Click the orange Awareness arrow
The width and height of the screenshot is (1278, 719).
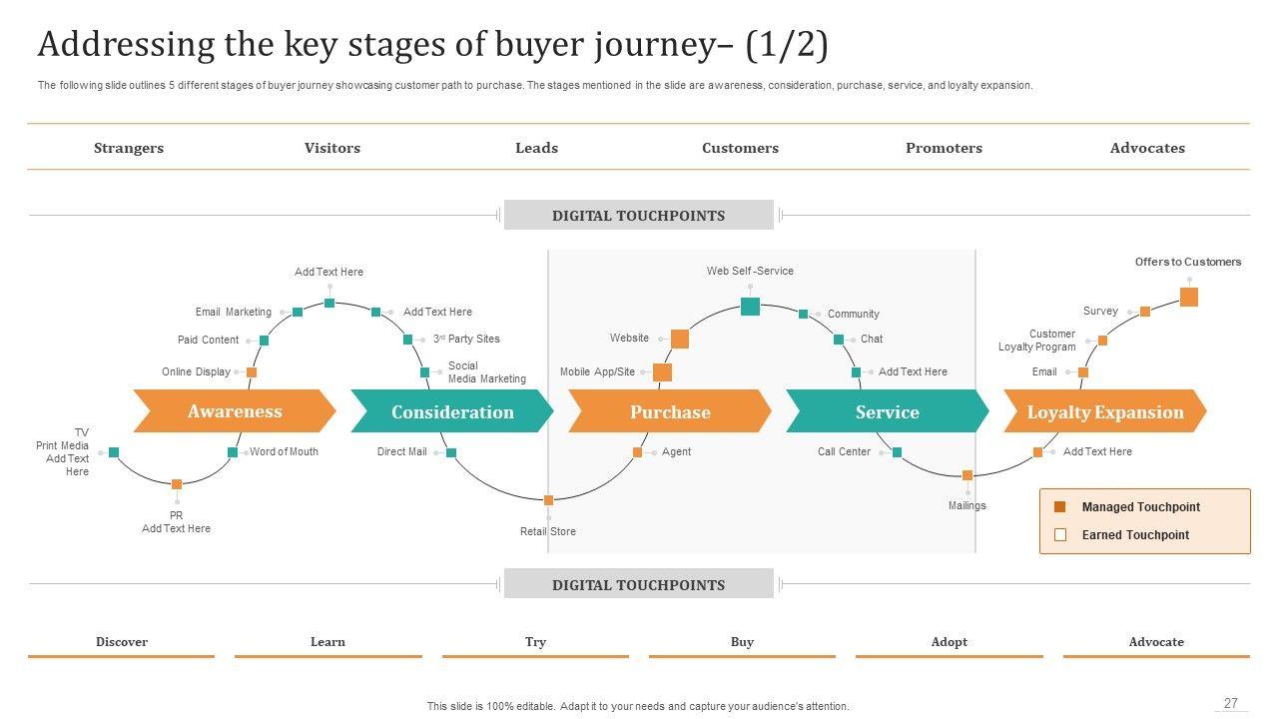(x=235, y=411)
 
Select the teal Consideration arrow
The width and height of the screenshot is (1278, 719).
(x=452, y=412)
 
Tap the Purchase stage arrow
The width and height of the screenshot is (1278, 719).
(x=670, y=412)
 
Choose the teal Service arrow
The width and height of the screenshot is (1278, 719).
(x=887, y=412)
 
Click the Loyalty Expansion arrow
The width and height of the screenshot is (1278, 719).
(x=1104, y=412)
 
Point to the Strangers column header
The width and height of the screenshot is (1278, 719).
(x=129, y=148)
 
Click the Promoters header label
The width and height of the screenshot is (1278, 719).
(x=944, y=148)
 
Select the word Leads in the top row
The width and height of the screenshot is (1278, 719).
(x=536, y=148)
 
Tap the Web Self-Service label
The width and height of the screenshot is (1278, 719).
(x=750, y=271)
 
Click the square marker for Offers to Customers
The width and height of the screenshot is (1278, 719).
(x=1188, y=297)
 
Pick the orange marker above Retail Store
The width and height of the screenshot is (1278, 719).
(x=548, y=499)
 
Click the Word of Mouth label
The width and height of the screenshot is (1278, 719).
(x=284, y=451)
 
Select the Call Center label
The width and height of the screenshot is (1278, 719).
(x=844, y=451)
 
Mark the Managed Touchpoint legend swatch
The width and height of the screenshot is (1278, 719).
(x=1060, y=507)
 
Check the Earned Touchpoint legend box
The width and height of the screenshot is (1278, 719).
(x=1060, y=535)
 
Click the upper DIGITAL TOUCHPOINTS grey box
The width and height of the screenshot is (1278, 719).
(x=638, y=215)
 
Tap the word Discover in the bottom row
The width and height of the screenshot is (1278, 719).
(x=122, y=642)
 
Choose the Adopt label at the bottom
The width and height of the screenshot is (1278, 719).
(x=949, y=642)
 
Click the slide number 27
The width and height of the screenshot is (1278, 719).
(x=1231, y=703)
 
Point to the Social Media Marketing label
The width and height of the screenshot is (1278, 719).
(x=486, y=372)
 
